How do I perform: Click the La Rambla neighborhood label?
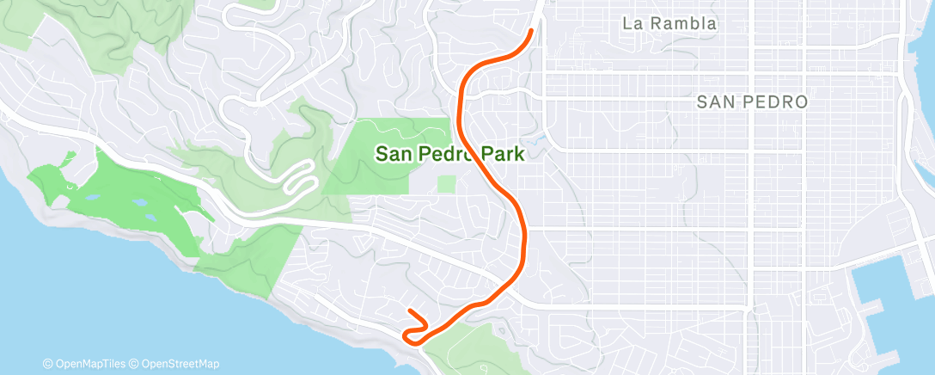point(669,24)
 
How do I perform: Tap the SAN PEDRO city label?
point(752,102)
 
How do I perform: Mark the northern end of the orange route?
point(531,30)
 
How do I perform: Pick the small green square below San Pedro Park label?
point(446,183)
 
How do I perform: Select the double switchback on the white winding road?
point(299,178)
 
